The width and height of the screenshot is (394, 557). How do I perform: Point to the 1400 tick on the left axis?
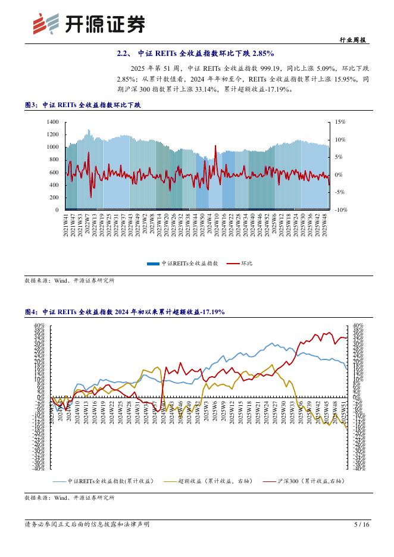click(x=52, y=121)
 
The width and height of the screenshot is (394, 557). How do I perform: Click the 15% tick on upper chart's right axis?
click(x=340, y=121)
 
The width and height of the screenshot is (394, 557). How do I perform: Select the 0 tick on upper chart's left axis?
click(x=57, y=210)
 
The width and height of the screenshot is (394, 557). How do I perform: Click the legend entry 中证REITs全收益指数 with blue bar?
click(x=186, y=263)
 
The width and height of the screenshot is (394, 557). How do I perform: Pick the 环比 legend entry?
click(x=246, y=263)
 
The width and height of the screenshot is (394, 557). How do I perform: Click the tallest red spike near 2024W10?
click(x=215, y=146)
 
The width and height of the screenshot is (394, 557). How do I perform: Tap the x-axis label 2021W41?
click(x=66, y=226)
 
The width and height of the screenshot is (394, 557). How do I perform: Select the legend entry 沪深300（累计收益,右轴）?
click(x=309, y=480)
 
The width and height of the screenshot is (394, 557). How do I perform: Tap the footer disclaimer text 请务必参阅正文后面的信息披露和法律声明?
click(x=87, y=524)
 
